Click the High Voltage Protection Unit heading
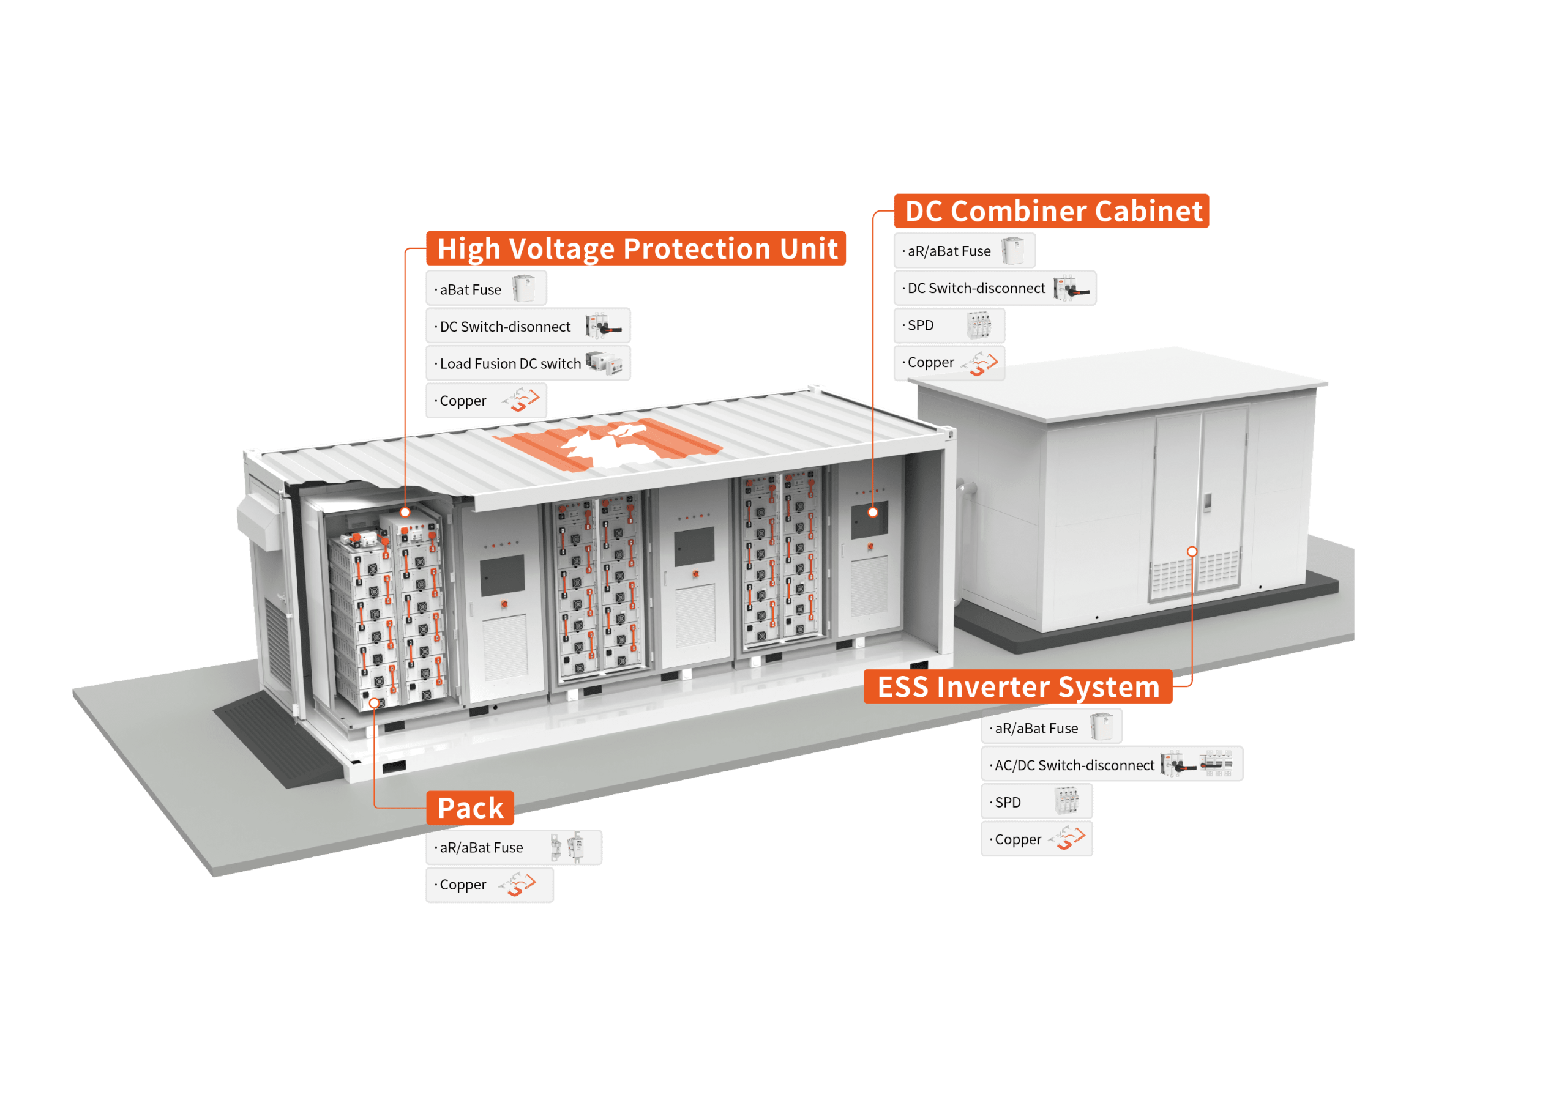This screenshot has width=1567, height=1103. point(636,249)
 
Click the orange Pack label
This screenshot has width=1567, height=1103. point(470,808)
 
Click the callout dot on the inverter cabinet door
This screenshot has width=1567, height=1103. point(1192,551)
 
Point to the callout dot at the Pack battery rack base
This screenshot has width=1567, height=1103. point(374,702)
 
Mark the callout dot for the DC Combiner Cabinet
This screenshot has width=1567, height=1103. point(873,511)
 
